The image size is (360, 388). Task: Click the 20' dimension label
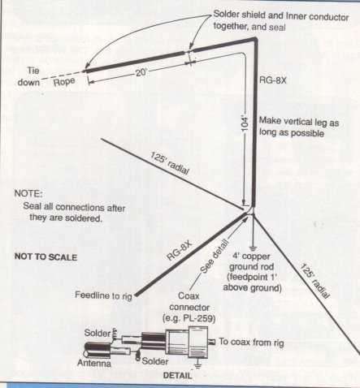point(141,72)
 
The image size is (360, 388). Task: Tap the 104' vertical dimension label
point(245,124)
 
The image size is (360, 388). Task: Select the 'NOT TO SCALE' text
point(46,257)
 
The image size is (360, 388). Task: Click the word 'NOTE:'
point(28,194)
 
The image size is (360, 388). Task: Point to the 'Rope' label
point(64,82)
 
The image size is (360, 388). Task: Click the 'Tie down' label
point(28,76)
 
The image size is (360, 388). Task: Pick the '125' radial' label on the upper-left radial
point(170,163)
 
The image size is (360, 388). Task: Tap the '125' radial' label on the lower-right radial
point(314,281)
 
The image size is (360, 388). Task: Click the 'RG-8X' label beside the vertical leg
point(273,80)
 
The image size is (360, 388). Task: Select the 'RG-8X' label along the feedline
point(180,251)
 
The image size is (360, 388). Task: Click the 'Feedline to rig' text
point(104,295)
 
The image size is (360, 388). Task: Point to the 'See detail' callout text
point(214,257)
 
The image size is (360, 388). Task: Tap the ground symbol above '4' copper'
point(253,249)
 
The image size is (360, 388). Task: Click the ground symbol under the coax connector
point(198,365)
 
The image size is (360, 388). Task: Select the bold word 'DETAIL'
point(177,376)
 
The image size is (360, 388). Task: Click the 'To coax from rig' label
point(251,343)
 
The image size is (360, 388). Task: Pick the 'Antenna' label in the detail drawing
point(94,363)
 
